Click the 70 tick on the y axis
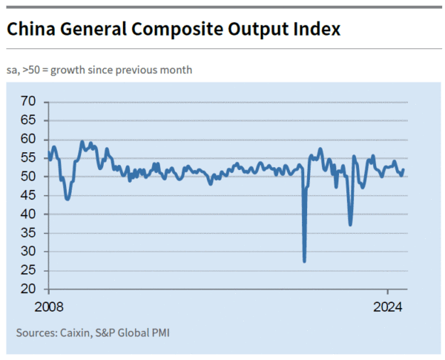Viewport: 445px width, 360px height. tap(29, 101)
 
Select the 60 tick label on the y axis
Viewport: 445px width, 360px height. tap(29, 139)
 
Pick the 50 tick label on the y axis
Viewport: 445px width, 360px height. tap(29, 177)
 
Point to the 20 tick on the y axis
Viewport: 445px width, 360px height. tap(29, 289)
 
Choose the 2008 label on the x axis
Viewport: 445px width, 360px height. tap(48, 307)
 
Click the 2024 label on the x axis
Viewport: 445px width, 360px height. tap(388, 307)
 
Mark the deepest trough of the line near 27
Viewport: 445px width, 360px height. tap(304, 261)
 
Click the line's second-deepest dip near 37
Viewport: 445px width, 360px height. tap(350, 224)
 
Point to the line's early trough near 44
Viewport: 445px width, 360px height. tap(67, 199)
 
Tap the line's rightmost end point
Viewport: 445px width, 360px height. tap(403, 170)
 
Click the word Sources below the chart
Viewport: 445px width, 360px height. tap(36, 333)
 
